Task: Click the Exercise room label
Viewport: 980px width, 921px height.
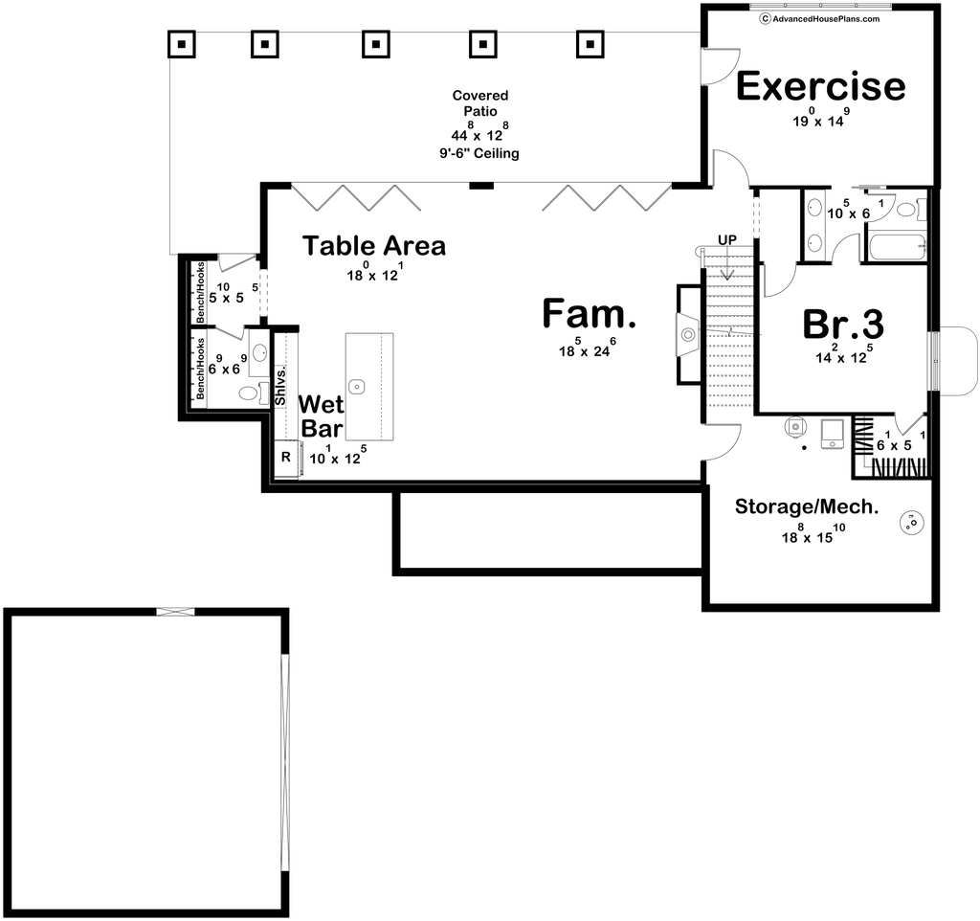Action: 820,86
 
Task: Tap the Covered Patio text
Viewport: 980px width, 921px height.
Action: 480,103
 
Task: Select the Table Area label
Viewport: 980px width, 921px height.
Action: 374,246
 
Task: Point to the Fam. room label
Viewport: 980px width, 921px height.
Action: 589,313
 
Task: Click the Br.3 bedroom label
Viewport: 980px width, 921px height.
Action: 843,324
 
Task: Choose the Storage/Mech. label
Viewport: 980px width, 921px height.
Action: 807,506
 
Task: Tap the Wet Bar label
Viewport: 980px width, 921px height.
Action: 322,416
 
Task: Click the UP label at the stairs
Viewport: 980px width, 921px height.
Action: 727,239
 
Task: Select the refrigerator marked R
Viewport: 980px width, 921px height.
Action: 286,458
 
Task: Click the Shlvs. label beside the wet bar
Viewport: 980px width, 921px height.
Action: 280,385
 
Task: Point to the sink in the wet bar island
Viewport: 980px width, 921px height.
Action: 357,387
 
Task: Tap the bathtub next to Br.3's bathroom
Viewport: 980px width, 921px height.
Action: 896,248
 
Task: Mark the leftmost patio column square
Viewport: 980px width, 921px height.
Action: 181,44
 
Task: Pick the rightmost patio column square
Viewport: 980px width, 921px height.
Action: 590,44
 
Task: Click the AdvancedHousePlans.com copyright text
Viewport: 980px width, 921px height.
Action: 819,19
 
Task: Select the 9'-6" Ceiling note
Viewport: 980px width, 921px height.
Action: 479,153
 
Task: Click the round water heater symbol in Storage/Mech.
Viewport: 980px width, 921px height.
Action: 911,522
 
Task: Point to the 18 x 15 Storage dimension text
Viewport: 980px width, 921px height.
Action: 813,533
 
